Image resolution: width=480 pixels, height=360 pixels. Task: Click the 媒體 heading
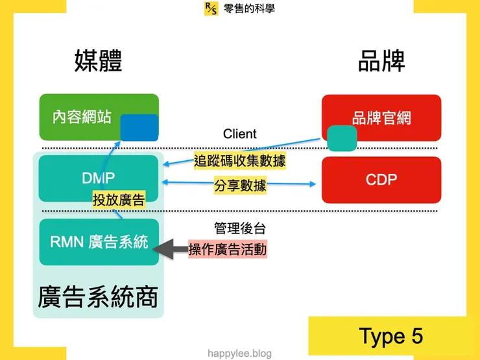(x=98, y=62)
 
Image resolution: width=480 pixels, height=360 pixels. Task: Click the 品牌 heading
(x=381, y=62)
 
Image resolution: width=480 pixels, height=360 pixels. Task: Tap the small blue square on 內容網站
(x=139, y=127)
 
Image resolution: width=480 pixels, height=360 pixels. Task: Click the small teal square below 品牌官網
(x=341, y=138)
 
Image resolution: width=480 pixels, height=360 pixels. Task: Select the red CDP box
(x=381, y=179)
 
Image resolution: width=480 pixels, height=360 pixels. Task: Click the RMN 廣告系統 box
(x=99, y=242)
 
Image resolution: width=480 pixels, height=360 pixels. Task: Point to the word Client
(x=240, y=134)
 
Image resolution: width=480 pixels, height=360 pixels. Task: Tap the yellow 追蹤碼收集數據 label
(x=240, y=160)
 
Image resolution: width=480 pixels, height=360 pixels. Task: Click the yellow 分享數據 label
(x=240, y=186)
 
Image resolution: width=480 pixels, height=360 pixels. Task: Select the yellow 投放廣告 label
(x=119, y=200)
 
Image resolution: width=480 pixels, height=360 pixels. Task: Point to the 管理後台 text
(x=240, y=228)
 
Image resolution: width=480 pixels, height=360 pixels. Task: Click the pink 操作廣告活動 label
(x=228, y=249)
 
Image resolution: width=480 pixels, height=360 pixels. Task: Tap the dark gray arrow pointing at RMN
(x=173, y=249)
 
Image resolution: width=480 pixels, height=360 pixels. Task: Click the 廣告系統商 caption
(x=98, y=296)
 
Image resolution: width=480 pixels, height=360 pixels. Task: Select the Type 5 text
(x=390, y=336)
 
